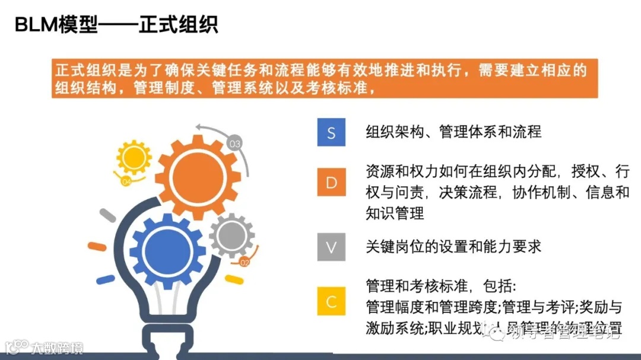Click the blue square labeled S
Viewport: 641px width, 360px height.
331,132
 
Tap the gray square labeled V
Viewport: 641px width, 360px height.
331,247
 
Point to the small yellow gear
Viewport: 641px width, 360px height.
134,157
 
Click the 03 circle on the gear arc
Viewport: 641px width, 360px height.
235,143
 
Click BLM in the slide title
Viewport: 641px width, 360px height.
36,25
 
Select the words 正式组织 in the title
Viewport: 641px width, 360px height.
178,25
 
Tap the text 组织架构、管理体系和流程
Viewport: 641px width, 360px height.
453,132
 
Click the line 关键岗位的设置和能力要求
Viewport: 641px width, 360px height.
453,247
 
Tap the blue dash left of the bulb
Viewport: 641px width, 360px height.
105,279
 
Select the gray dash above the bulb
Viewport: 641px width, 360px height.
107,215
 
